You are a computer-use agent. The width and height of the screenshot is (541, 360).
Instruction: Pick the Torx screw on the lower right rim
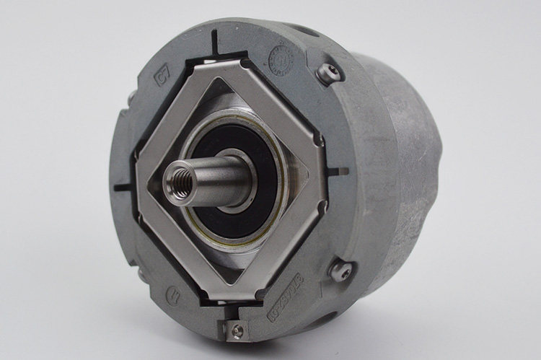coord(341,271)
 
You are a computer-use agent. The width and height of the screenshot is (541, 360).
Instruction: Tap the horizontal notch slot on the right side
coord(337,172)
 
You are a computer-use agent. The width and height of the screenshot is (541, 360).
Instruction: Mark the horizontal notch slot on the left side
coord(123,187)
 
